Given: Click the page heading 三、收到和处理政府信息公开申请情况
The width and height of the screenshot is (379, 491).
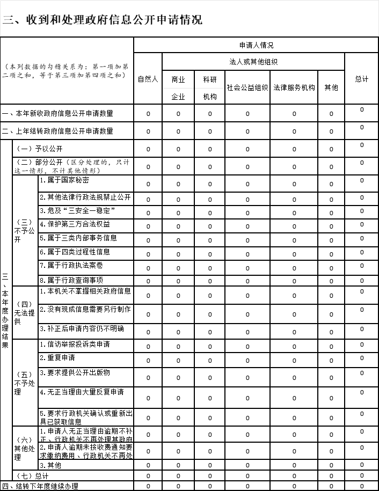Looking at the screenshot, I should tap(103, 20).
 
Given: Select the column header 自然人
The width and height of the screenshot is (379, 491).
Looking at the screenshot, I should tap(148, 79).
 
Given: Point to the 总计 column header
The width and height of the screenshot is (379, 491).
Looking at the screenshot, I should tap(362, 79).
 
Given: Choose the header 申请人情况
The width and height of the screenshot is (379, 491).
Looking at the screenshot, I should tap(256, 45).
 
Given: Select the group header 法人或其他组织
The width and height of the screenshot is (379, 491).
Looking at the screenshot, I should tap(253, 62).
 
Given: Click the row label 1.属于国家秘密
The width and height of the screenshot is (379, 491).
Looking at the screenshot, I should tap(64, 180).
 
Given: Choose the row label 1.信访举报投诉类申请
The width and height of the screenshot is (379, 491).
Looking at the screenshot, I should tap(75, 344).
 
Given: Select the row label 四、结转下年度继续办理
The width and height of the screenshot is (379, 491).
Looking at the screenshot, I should tap(40, 486).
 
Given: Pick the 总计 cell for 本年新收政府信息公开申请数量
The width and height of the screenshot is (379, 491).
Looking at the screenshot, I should tap(362, 109).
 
